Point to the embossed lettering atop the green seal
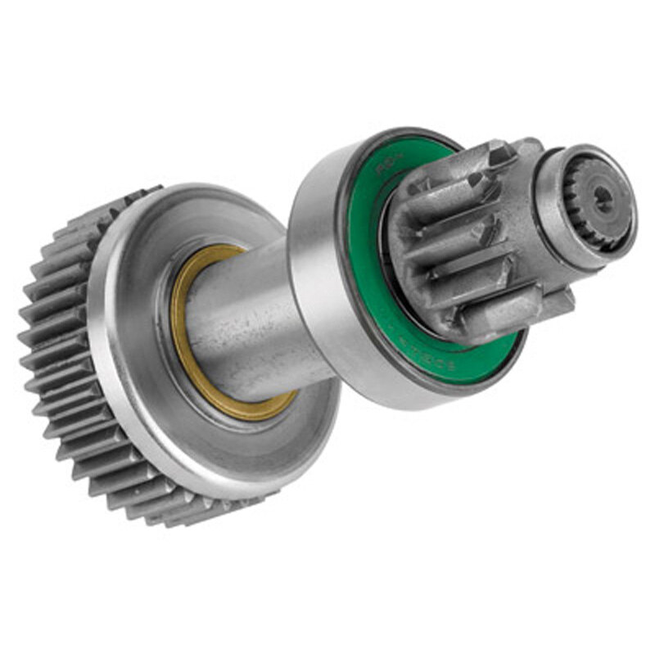[x=385, y=169]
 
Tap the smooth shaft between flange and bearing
[x=246, y=319]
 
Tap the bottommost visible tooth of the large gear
[x=196, y=516]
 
